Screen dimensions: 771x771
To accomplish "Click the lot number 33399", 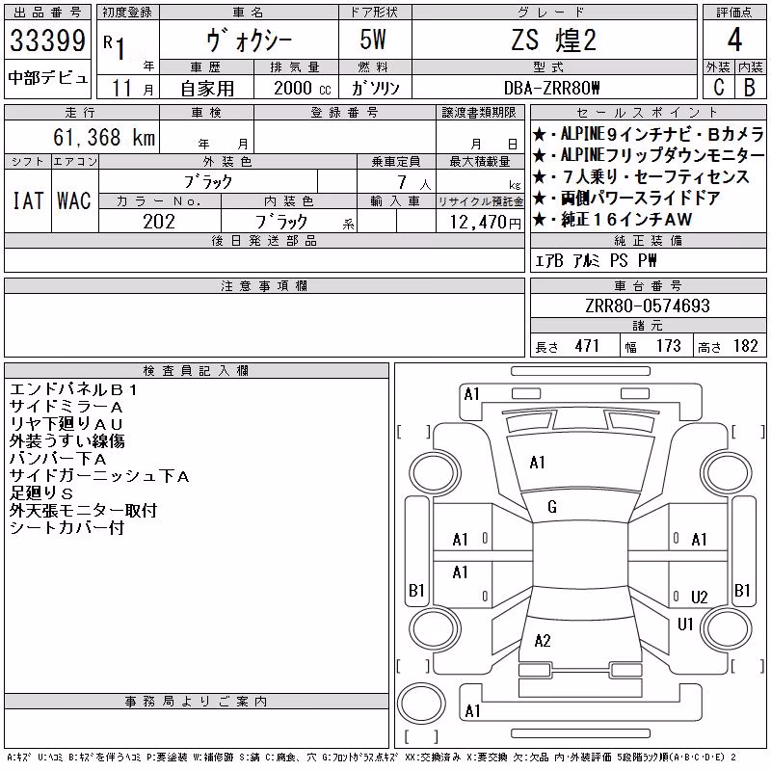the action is click(x=47, y=40).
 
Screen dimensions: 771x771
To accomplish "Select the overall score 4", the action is click(x=734, y=40).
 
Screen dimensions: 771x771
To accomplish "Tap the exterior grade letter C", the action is click(x=719, y=88).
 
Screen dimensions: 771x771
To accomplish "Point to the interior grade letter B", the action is click(x=750, y=88).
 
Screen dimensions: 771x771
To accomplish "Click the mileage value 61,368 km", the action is click(x=104, y=137).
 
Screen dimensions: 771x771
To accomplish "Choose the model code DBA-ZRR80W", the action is click(x=551, y=88).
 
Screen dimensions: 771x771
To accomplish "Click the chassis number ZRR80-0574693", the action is click(x=647, y=306).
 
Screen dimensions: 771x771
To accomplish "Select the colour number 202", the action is click(x=159, y=222).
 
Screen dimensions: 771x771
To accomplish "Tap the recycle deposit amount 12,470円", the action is click(x=485, y=223).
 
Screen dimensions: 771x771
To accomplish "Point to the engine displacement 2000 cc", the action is click(x=302, y=88).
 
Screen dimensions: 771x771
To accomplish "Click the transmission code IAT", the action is click(x=28, y=200).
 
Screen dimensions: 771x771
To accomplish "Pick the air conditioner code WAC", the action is click(x=74, y=200).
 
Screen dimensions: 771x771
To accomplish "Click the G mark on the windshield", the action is click(x=551, y=507).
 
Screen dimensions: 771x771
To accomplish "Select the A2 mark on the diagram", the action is click(x=543, y=640).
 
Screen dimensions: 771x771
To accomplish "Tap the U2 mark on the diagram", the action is click(x=699, y=597).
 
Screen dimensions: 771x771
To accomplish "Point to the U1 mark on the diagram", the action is click(x=685, y=624).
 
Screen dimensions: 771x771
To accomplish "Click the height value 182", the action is click(x=745, y=346).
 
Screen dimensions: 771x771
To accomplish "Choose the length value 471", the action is click(x=587, y=346).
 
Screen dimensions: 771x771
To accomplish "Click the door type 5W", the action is click(x=373, y=40).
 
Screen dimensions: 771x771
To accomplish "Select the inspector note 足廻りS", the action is click(x=41, y=492).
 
